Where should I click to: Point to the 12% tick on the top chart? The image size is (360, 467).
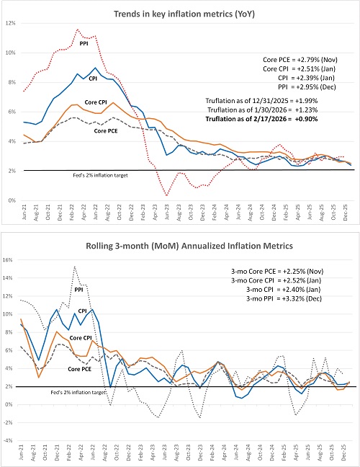tap(11, 24)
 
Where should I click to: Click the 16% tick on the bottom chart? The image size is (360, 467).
tap(11, 259)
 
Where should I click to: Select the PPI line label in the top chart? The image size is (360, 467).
tap(84, 44)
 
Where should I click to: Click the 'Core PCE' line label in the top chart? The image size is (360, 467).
tap(108, 130)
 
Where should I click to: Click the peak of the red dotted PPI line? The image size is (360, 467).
tap(77, 30)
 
